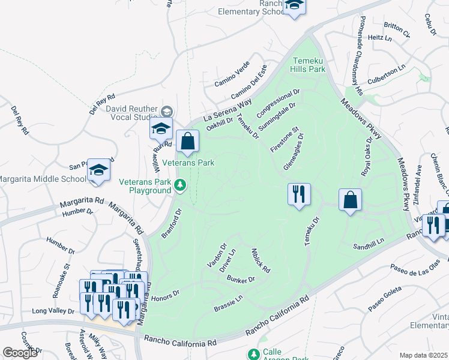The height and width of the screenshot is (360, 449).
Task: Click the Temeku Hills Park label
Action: click(309, 65)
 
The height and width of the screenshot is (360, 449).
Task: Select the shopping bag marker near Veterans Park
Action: click(188, 143)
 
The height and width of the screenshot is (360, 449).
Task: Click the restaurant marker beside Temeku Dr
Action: click(299, 194)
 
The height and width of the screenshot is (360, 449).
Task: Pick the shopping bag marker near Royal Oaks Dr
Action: click(350, 200)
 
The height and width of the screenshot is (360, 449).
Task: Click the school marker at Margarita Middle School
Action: click(98, 170)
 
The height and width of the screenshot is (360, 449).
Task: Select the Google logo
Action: click(20, 352)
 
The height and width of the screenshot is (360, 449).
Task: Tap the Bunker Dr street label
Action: click(243, 280)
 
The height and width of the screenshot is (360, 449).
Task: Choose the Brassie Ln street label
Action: click(228, 303)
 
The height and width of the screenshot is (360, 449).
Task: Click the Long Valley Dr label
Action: click(53, 311)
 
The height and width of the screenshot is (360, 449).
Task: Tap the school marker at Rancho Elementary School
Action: click(294, 7)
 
